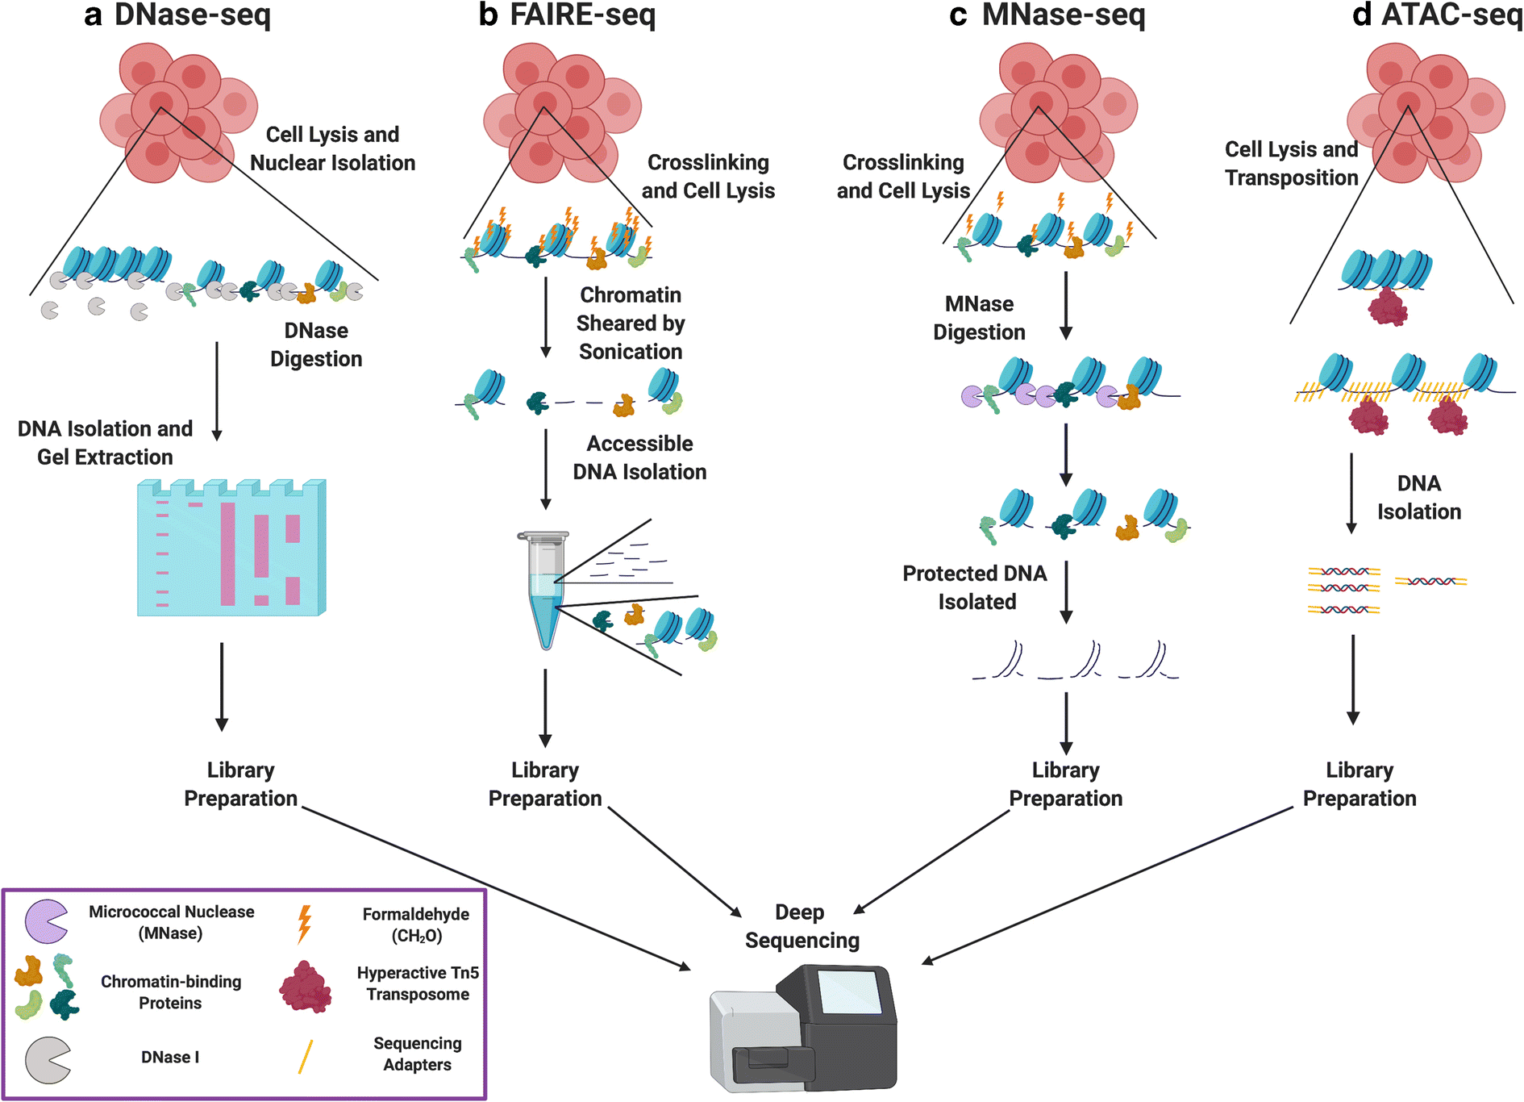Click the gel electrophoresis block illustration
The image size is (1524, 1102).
(231, 549)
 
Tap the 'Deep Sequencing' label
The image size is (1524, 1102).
(802, 926)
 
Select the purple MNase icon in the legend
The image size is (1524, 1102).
(45, 921)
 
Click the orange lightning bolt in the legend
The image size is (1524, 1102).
(304, 924)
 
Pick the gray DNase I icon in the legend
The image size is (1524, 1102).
(47, 1059)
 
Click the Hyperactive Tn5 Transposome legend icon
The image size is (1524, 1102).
(306, 987)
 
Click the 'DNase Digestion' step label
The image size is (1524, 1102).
(315, 344)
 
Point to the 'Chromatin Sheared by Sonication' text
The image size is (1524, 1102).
(631, 323)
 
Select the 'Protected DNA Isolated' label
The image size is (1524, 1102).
(976, 587)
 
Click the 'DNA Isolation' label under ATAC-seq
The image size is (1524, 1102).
(1418, 497)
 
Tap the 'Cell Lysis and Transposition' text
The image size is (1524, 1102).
(1291, 163)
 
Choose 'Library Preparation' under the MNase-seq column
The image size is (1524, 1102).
(1065, 784)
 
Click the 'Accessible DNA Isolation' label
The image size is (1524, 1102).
(639, 457)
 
